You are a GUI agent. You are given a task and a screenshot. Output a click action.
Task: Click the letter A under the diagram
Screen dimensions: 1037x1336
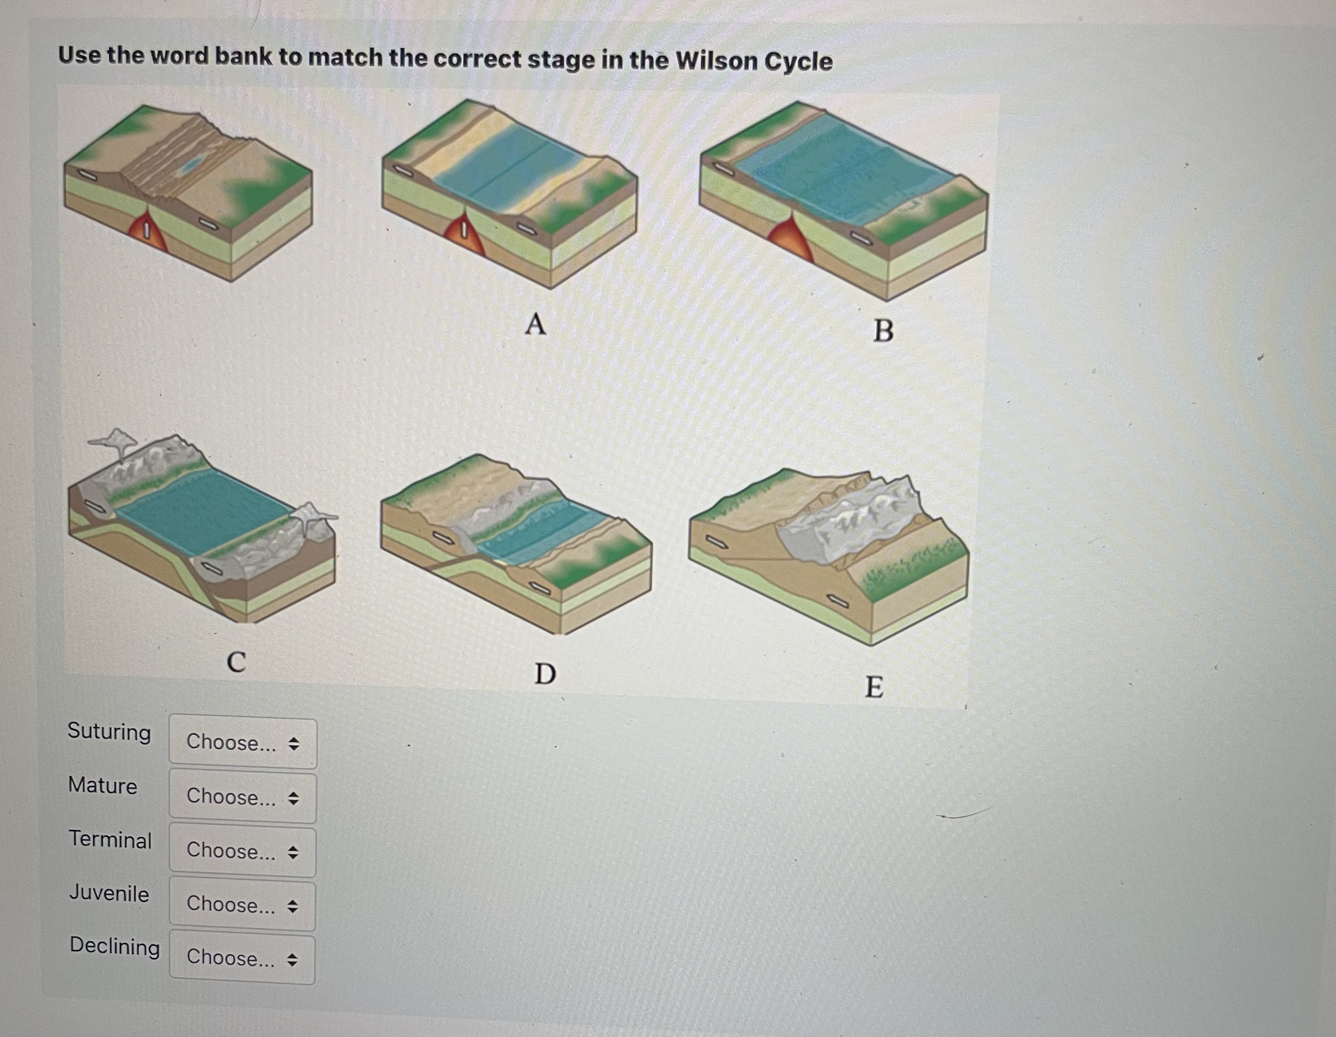pyautogui.click(x=535, y=324)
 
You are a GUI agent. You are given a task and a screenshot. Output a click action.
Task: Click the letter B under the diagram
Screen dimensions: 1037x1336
pyautogui.click(x=883, y=331)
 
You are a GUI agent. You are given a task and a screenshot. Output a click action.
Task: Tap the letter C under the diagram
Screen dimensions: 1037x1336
pyautogui.click(x=236, y=662)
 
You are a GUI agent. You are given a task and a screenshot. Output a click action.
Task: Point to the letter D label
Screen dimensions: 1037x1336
pyautogui.click(x=545, y=673)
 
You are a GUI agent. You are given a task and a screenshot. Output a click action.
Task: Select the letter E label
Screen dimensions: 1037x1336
pyautogui.click(x=873, y=687)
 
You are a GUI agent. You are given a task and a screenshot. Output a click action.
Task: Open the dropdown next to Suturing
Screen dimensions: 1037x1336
pyautogui.click(x=243, y=743)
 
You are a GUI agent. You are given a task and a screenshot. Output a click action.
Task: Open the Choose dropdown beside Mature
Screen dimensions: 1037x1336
pyautogui.click(x=243, y=797)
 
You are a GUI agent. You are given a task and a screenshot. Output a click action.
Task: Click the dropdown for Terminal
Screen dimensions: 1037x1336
pyautogui.click(x=243, y=851)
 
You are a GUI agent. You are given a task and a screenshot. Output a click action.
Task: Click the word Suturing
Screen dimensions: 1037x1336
pyautogui.click(x=109, y=731)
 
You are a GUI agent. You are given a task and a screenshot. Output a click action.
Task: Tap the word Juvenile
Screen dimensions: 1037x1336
pyautogui.click(x=109, y=893)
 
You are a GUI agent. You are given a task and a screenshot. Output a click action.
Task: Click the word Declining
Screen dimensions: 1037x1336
pyautogui.click(x=114, y=946)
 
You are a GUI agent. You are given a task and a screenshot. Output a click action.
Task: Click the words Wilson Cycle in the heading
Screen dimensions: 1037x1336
pyautogui.click(x=754, y=61)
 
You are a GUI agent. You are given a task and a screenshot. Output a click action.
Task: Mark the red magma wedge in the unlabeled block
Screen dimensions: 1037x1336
pyautogui.click(x=147, y=233)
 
